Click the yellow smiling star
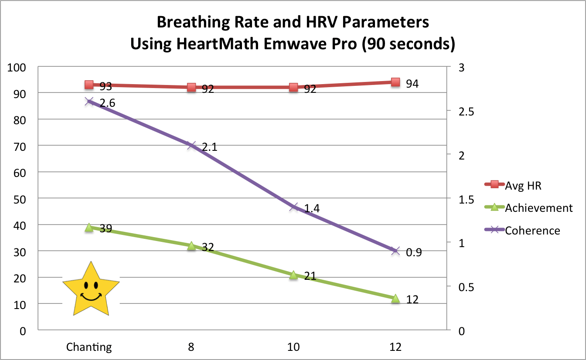pyautogui.click(x=91, y=290)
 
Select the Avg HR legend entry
pyautogui.click(x=523, y=185)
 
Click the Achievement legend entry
pyautogui.click(x=538, y=208)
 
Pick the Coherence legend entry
pyautogui.click(x=532, y=230)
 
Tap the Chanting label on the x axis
pyautogui.click(x=89, y=347)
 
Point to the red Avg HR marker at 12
pyautogui.click(x=395, y=82)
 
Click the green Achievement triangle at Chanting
pyautogui.click(x=89, y=228)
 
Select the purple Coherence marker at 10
pyautogui.click(x=293, y=207)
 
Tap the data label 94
pyautogui.click(x=412, y=84)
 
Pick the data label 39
pyautogui.click(x=105, y=229)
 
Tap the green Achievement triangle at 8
pyautogui.click(x=191, y=246)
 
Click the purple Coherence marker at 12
pyautogui.click(x=395, y=251)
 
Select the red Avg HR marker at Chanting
pyautogui.click(x=89, y=85)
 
